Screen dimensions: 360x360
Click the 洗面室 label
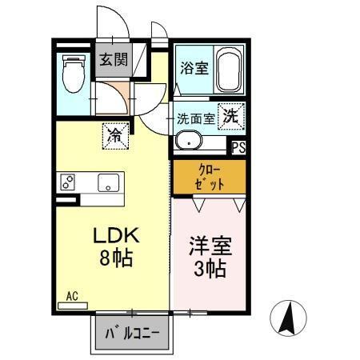point(196,118)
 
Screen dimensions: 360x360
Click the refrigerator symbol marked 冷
point(114,135)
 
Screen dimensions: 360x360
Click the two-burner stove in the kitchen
point(66,182)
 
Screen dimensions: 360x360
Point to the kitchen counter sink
point(109,182)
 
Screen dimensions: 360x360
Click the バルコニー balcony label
point(134,332)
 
